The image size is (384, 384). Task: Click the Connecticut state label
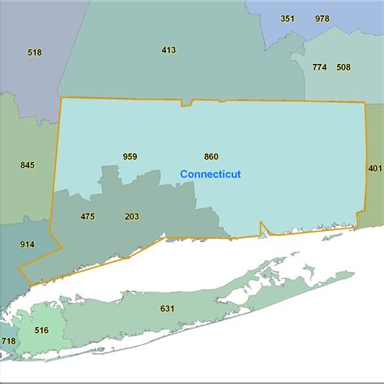pyautogui.click(x=210, y=174)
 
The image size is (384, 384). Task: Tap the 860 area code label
pyautogui.click(x=211, y=156)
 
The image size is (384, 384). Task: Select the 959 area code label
pyautogui.click(x=130, y=156)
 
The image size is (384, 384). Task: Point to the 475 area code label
pyautogui.click(x=88, y=216)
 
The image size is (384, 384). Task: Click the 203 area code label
pyautogui.click(x=132, y=216)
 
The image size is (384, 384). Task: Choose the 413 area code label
pyautogui.click(x=169, y=50)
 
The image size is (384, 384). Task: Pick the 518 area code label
pyautogui.click(x=34, y=53)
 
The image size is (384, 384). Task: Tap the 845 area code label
pyautogui.click(x=28, y=165)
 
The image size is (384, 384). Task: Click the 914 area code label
pyautogui.click(x=28, y=245)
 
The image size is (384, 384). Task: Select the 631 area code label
pyautogui.click(x=168, y=309)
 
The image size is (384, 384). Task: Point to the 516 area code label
pyautogui.click(x=42, y=331)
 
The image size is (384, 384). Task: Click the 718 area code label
pyautogui.click(x=8, y=342)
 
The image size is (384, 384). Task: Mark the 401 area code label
pyautogui.click(x=373, y=169)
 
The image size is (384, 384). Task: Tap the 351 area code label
pyautogui.click(x=288, y=19)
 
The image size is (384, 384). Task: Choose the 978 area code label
pyautogui.click(x=322, y=19)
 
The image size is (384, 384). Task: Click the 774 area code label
pyautogui.click(x=319, y=67)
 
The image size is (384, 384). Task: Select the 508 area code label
pyautogui.click(x=343, y=67)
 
